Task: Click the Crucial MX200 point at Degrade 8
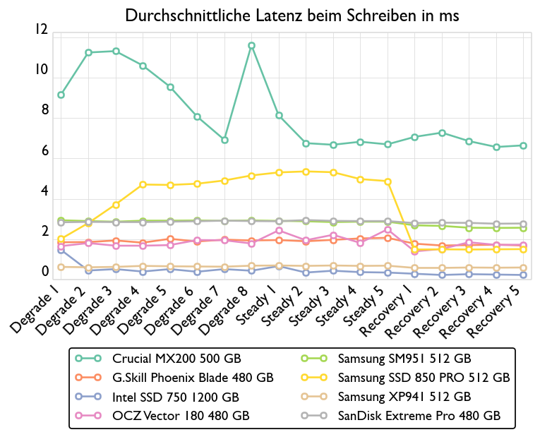coord(251,46)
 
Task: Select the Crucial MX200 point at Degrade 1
coord(61,95)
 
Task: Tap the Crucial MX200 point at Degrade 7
coord(224,140)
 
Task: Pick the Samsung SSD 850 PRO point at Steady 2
coord(306,172)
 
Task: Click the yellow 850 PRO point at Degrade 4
coord(143,184)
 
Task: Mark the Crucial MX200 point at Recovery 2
coord(442,133)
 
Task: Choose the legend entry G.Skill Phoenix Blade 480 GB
coord(193,378)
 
